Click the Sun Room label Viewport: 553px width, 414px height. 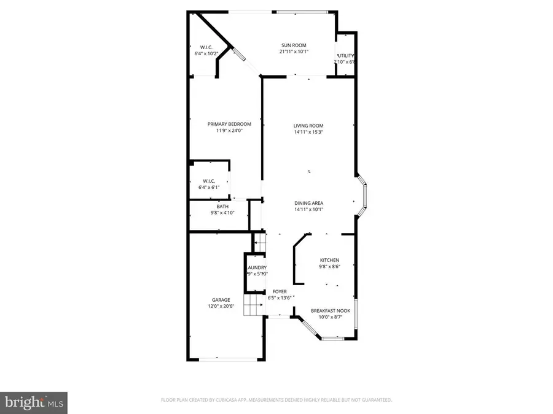pos(294,45)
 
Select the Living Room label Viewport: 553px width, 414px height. pos(308,126)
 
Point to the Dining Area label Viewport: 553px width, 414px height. pos(308,203)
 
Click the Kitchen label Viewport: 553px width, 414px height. pos(329,260)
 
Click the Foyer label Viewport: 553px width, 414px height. pos(280,291)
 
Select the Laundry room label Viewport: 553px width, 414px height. pos(256,268)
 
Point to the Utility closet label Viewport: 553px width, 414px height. pos(345,56)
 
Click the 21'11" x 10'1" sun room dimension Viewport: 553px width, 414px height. pos(294,52)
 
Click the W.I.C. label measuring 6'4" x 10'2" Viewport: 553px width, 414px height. pos(206,47)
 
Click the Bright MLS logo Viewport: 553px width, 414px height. pos(34,402)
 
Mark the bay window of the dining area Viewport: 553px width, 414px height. pos(362,197)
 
